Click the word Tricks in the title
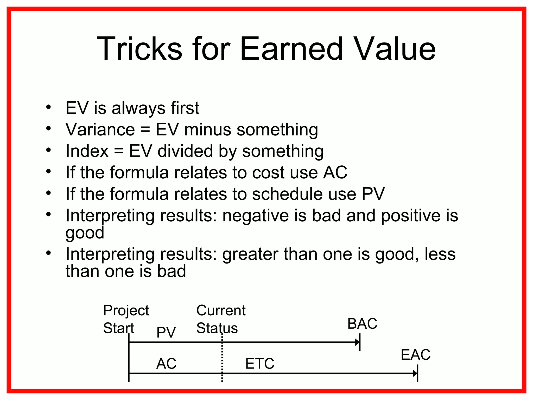(139, 49)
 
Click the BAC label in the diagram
(362, 324)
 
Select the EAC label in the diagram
(416, 355)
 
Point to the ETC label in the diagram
(260, 364)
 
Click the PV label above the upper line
(166, 332)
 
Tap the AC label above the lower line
(166, 364)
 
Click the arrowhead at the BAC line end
(357, 342)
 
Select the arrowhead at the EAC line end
(415, 374)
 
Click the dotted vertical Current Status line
(222, 359)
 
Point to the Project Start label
(126, 319)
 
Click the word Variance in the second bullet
(100, 129)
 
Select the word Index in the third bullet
(87, 151)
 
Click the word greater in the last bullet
(250, 254)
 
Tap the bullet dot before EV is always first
(48, 107)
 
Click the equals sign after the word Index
(119, 151)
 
